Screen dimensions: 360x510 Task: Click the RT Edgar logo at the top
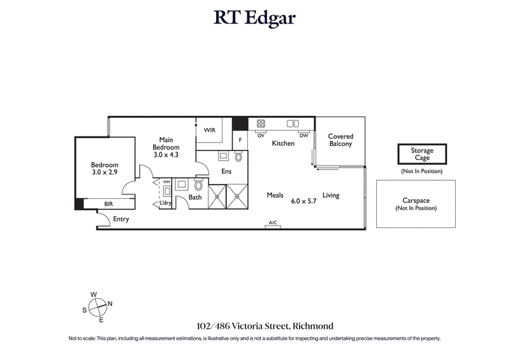254,18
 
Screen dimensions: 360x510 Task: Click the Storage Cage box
422,154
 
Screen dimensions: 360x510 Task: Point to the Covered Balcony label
340,140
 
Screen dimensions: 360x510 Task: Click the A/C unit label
273,223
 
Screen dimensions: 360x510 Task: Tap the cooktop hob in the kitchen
261,124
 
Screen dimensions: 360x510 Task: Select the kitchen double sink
293,124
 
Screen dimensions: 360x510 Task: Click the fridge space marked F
240,140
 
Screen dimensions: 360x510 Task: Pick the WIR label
209,130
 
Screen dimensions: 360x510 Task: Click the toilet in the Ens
239,157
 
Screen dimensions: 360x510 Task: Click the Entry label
121,219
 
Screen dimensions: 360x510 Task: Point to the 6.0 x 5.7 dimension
303,201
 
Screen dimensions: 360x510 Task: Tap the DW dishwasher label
303,135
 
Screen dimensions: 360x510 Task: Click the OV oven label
261,135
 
